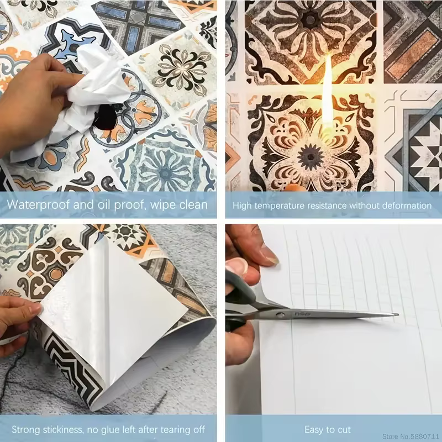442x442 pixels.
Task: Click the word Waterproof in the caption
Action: (39, 204)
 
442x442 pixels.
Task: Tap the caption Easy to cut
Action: (328, 430)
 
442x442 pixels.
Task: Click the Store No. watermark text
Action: (412, 436)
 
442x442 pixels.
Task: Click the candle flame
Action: (328, 93)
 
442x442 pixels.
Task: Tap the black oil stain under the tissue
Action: (105, 117)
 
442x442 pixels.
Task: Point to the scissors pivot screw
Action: (280, 314)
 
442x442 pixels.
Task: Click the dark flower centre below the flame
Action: (311, 157)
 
